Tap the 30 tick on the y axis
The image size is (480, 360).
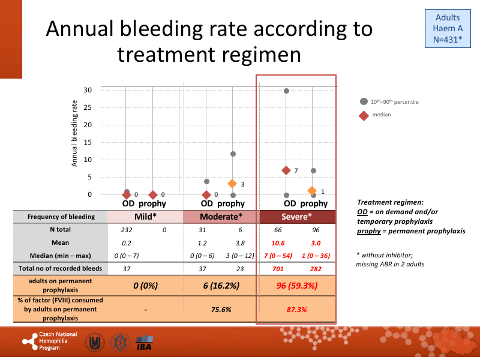click(x=88, y=91)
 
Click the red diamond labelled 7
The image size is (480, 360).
click(x=286, y=170)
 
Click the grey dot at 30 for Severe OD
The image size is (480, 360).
click(x=286, y=91)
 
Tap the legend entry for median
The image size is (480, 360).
click(x=364, y=116)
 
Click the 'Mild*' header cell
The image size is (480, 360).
click(x=145, y=217)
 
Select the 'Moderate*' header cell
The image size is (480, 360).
click(x=220, y=217)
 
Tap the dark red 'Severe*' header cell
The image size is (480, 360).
click(x=296, y=217)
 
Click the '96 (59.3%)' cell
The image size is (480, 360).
click(x=296, y=285)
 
